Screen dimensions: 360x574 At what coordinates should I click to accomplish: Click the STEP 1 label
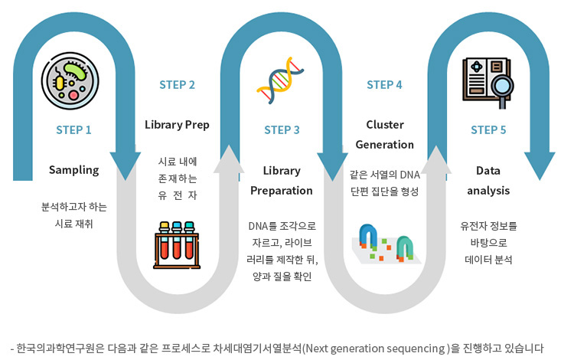(x=73, y=129)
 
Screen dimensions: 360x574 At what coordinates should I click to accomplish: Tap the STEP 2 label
(x=178, y=84)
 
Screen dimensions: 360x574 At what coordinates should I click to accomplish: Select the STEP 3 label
(x=282, y=129)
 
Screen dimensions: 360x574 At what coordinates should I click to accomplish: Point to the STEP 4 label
(x=384, y=84)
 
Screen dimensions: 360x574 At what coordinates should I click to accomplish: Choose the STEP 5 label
(x=488, y=129)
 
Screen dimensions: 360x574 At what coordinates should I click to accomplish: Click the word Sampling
(x=73, y=169)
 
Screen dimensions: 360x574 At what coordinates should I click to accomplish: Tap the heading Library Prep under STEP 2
(x=177, y=124)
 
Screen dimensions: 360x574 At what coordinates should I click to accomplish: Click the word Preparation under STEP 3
(x=282, y=190)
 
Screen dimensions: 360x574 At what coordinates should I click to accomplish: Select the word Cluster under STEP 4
(x=384, y=124)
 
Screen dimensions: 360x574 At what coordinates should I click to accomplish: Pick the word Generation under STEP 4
(x=384, y=144)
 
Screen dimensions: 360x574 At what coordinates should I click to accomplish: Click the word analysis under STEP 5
(x=488, y=190)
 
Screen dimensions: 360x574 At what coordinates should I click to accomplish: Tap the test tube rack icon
(x=177, y=241)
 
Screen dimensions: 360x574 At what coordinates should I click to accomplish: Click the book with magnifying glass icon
(x=489, y=82)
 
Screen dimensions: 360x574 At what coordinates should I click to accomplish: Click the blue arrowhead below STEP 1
(x=126, y=164)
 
